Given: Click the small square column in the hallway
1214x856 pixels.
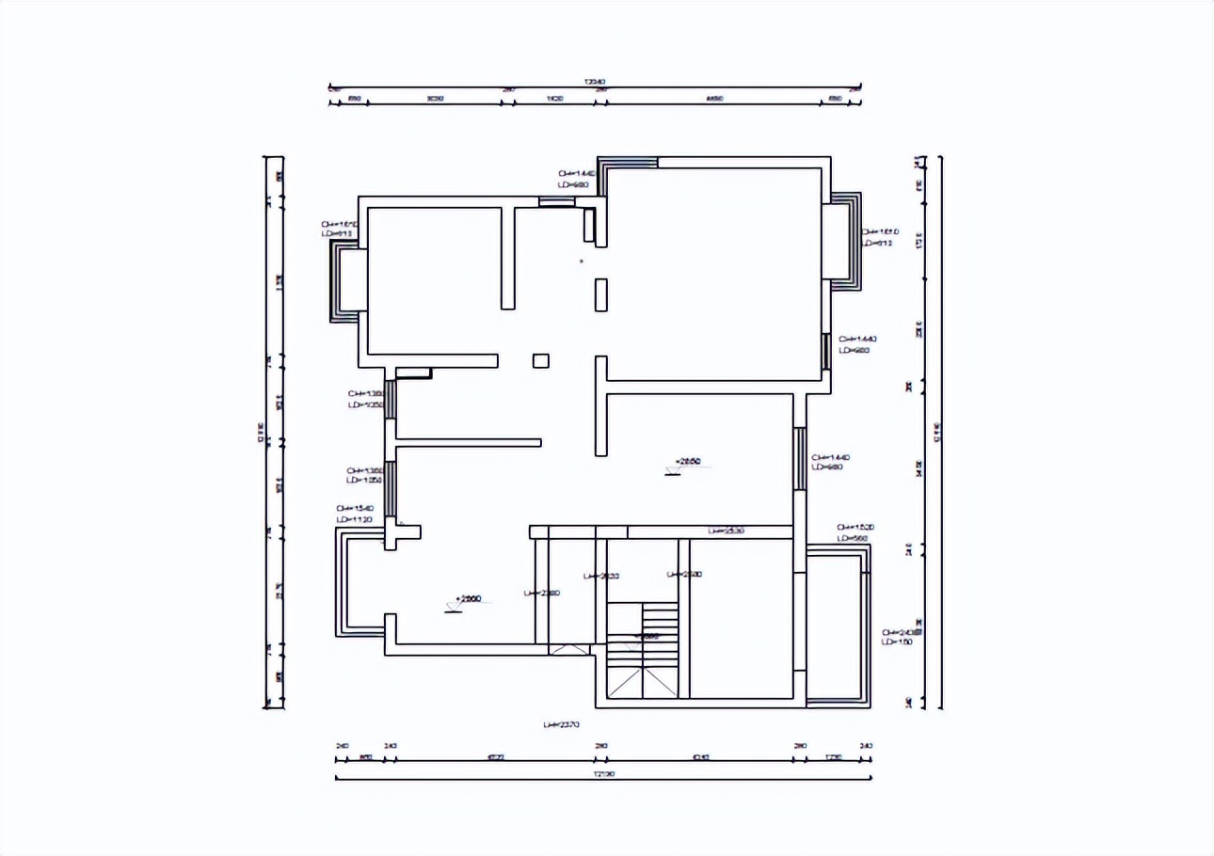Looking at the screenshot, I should (x=540, y=360).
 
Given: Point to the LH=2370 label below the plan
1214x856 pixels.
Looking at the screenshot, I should (x=561, y=725).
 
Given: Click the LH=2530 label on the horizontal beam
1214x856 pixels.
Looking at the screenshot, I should (x=727, y=531).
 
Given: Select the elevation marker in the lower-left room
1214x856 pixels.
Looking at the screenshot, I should (x=468, y=599).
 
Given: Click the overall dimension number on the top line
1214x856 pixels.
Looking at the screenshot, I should (x=595, y=83).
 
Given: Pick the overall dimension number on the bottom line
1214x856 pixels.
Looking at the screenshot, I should (x=603, y=774).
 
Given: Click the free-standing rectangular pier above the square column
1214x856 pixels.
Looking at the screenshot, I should (x=600, y=294).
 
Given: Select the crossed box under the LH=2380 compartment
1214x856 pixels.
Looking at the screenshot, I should (x=567, y=649).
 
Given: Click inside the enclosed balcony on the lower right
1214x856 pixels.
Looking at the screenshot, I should (x=836, y=626).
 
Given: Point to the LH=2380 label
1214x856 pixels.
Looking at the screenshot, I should (x=542, y=593).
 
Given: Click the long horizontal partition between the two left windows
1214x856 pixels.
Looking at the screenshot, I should (x=469, y=442).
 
